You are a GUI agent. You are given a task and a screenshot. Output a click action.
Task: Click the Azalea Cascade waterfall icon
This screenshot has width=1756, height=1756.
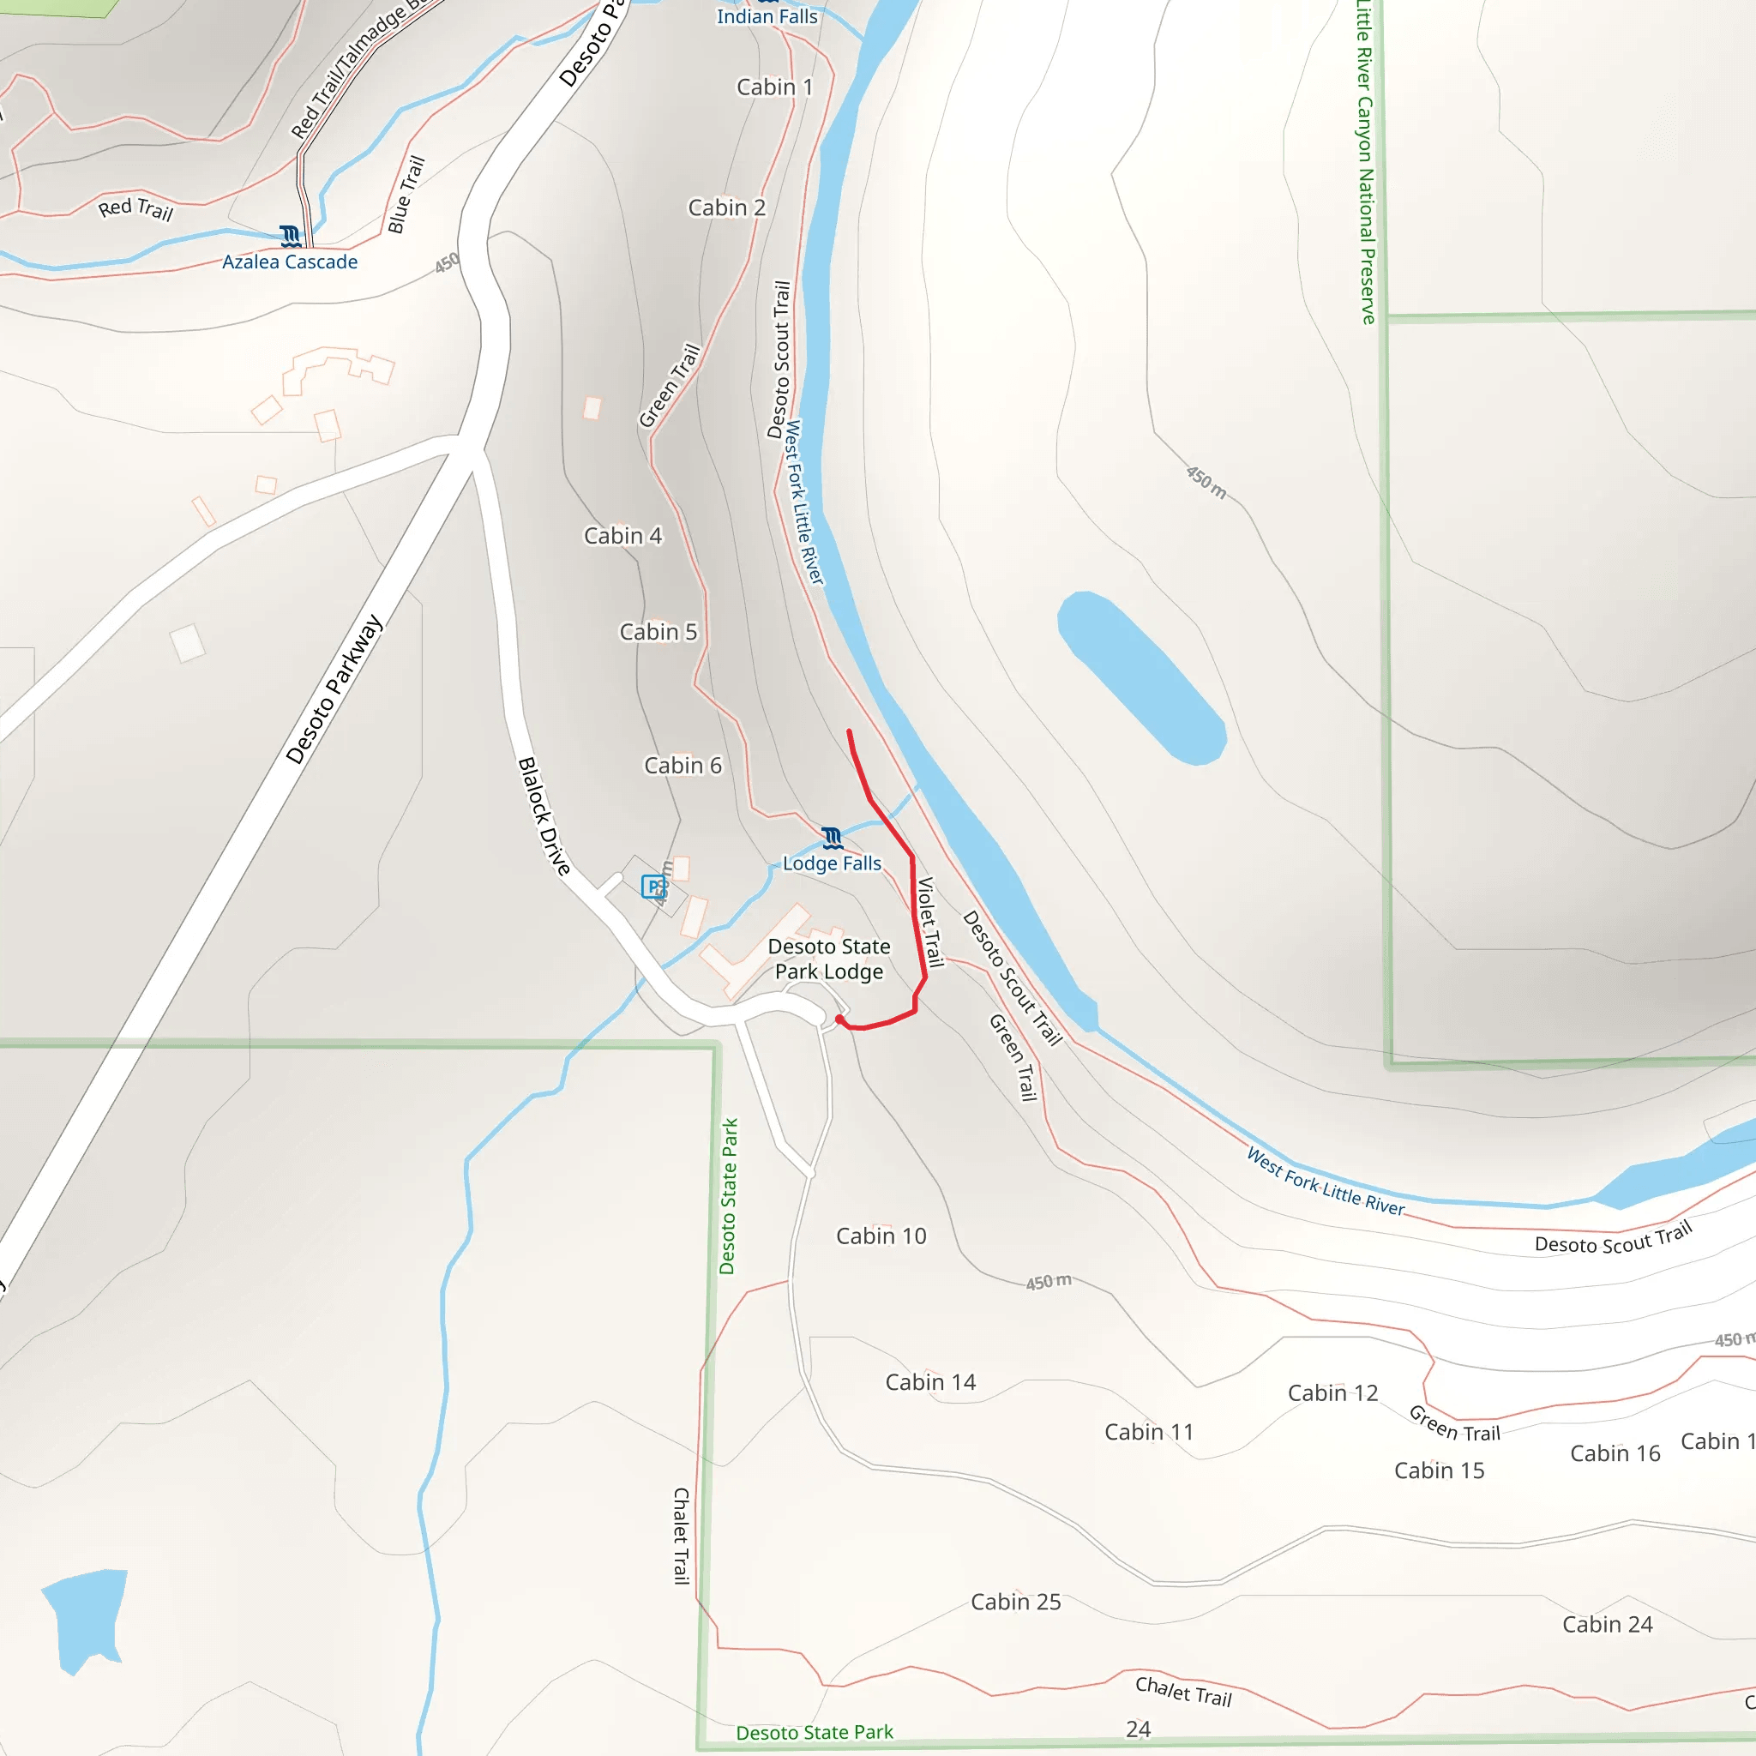click(291, 237)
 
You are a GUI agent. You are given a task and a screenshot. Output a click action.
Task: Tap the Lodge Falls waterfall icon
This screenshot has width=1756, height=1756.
click(832, 837)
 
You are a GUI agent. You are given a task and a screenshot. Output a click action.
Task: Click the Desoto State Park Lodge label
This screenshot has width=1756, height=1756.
click(829, 959)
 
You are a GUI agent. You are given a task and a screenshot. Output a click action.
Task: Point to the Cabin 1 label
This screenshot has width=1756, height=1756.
click(774, 87)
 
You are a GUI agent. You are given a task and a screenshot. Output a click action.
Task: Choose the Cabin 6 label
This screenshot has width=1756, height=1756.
click(683, 766)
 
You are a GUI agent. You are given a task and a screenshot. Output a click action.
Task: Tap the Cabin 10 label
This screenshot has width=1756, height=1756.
click(881, 1236)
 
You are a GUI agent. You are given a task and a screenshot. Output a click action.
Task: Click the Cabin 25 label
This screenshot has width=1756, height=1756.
click(1015, 1602)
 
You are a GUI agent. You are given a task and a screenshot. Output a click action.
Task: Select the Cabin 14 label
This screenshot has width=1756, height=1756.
click(929, 1382)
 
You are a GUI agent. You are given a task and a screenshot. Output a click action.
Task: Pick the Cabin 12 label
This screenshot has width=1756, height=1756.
click(1332, 1393)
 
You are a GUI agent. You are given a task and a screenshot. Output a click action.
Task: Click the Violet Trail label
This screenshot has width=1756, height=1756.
click(929, 922)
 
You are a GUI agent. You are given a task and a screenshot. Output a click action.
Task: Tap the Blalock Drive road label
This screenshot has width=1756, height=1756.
click(544, 816)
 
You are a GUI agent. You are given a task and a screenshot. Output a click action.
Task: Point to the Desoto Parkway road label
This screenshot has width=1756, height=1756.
click(334, 689)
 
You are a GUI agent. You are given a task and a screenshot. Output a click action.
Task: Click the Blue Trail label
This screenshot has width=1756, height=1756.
click(406, 195)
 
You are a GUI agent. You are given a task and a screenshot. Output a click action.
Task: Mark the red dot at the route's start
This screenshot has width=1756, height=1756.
click(839, 1019)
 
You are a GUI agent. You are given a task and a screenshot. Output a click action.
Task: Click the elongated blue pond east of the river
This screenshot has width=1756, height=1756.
click(1140, 677)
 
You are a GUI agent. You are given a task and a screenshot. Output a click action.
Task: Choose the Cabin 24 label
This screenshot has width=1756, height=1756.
click(1607, 1624)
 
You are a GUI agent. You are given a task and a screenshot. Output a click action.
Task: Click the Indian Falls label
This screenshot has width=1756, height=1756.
click(767, 16)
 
